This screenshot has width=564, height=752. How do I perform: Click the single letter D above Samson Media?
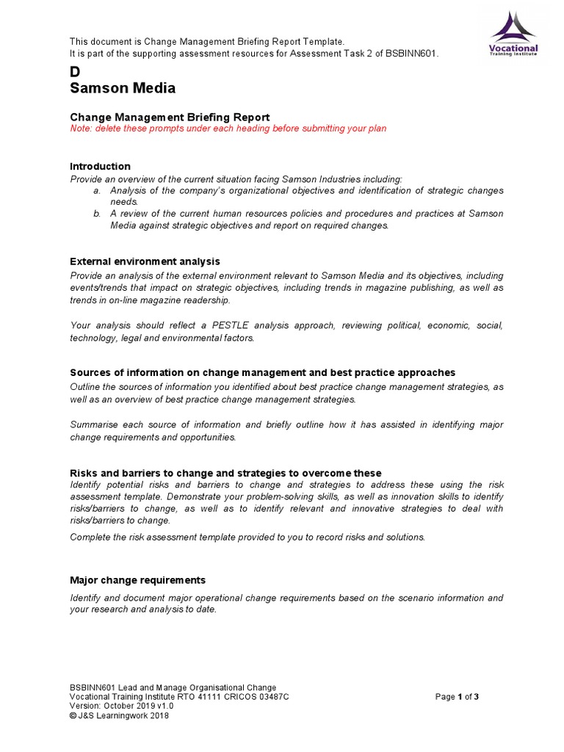pyautogui.click(x=74, y=72)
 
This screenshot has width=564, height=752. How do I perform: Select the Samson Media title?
pyautogui.click(x=123, y=89)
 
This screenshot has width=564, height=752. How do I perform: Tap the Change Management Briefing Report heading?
pyautogui.click(x=170, y=117)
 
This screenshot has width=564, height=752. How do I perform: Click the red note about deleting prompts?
pyautogui.click(x=228, y=129)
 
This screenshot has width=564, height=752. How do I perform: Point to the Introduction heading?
pyautogui.click(x=100, y=166)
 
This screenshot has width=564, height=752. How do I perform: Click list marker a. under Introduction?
pyautogui.click(x=96, y=190)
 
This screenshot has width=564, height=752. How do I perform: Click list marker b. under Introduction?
pyautogui.click(x=96, y=214)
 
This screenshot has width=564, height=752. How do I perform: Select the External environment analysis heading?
pyautogui.click(x=145, y=261)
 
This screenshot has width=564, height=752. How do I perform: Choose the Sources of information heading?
pyautogui.click(x=262, y=372)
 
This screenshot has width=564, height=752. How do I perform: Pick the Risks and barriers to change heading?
pyautogui.click(x=225, y=472)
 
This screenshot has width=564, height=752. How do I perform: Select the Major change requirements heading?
pyautogui.click(x=137, y=579)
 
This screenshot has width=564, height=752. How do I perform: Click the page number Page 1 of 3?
pyautogui.click(x=457, y=697)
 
